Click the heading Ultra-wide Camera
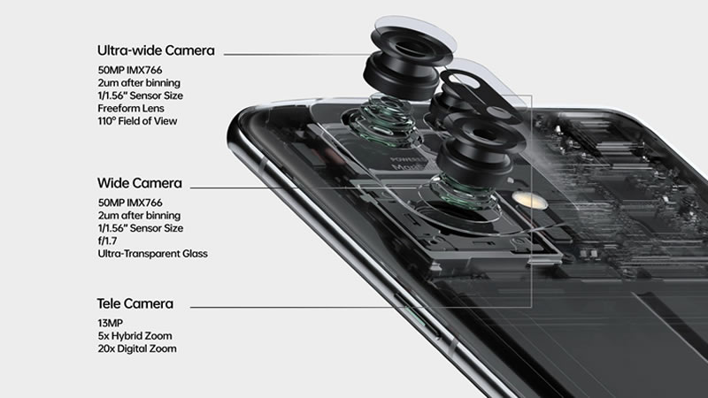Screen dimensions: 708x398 [x=156, y=50]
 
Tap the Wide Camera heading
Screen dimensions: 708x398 [x=140, y=183]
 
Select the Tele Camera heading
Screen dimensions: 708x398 [x=135, y=303]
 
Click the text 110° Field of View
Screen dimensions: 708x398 [x=137, y=121]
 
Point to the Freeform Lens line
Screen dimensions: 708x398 [x=131, y=108]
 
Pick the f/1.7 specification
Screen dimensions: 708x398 [x=107, y=241]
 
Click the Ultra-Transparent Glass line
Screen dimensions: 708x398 [x=152, y=254]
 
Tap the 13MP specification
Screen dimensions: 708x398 [x=110, y=323]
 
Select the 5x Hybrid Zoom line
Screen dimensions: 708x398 [x=135, y=336]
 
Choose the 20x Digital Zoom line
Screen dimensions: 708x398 [x=137, y=348]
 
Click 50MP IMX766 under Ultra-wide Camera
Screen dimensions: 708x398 [x=130, y=70]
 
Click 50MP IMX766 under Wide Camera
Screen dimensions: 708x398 [x=130, y=203]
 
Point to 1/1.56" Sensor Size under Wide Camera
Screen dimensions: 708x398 [x=141, y=228]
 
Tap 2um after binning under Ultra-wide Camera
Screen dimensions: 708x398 [x=139, y=83]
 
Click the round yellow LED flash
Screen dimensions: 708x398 [x=529, y=200]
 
